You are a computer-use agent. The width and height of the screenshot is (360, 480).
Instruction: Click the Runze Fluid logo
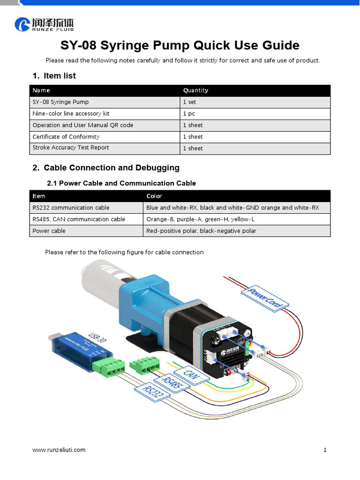click(x=44, y=24)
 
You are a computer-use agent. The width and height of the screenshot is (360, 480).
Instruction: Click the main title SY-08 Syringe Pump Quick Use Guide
click(x=180, y=45)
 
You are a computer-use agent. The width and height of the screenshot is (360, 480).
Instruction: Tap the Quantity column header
click(x=195, y=90)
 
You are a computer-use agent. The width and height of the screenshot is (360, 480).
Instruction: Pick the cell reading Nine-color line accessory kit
click(x=71, y=113)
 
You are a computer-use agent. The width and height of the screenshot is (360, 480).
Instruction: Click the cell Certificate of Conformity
click(x=66, y=137)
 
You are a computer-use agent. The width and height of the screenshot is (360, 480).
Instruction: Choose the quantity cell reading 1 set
click(x=189, y=102)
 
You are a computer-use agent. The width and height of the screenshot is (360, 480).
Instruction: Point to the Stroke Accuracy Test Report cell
click(x=70, y=148)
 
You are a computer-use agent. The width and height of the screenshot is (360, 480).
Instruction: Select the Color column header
click(x=154, y=196)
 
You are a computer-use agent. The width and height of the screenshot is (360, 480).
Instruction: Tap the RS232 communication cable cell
click(x=71, y=208)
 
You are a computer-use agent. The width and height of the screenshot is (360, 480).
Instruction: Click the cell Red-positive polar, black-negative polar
click(x=201, y=231)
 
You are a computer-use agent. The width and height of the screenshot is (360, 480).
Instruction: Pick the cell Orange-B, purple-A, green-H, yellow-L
click(x=200, y=219)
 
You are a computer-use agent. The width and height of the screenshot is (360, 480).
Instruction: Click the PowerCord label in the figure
click(x=264, y=297)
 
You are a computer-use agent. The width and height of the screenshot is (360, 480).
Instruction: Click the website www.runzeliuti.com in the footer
click(x=59, y=450)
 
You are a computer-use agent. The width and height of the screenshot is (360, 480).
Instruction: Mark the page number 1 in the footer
click(x=325, y=450)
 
